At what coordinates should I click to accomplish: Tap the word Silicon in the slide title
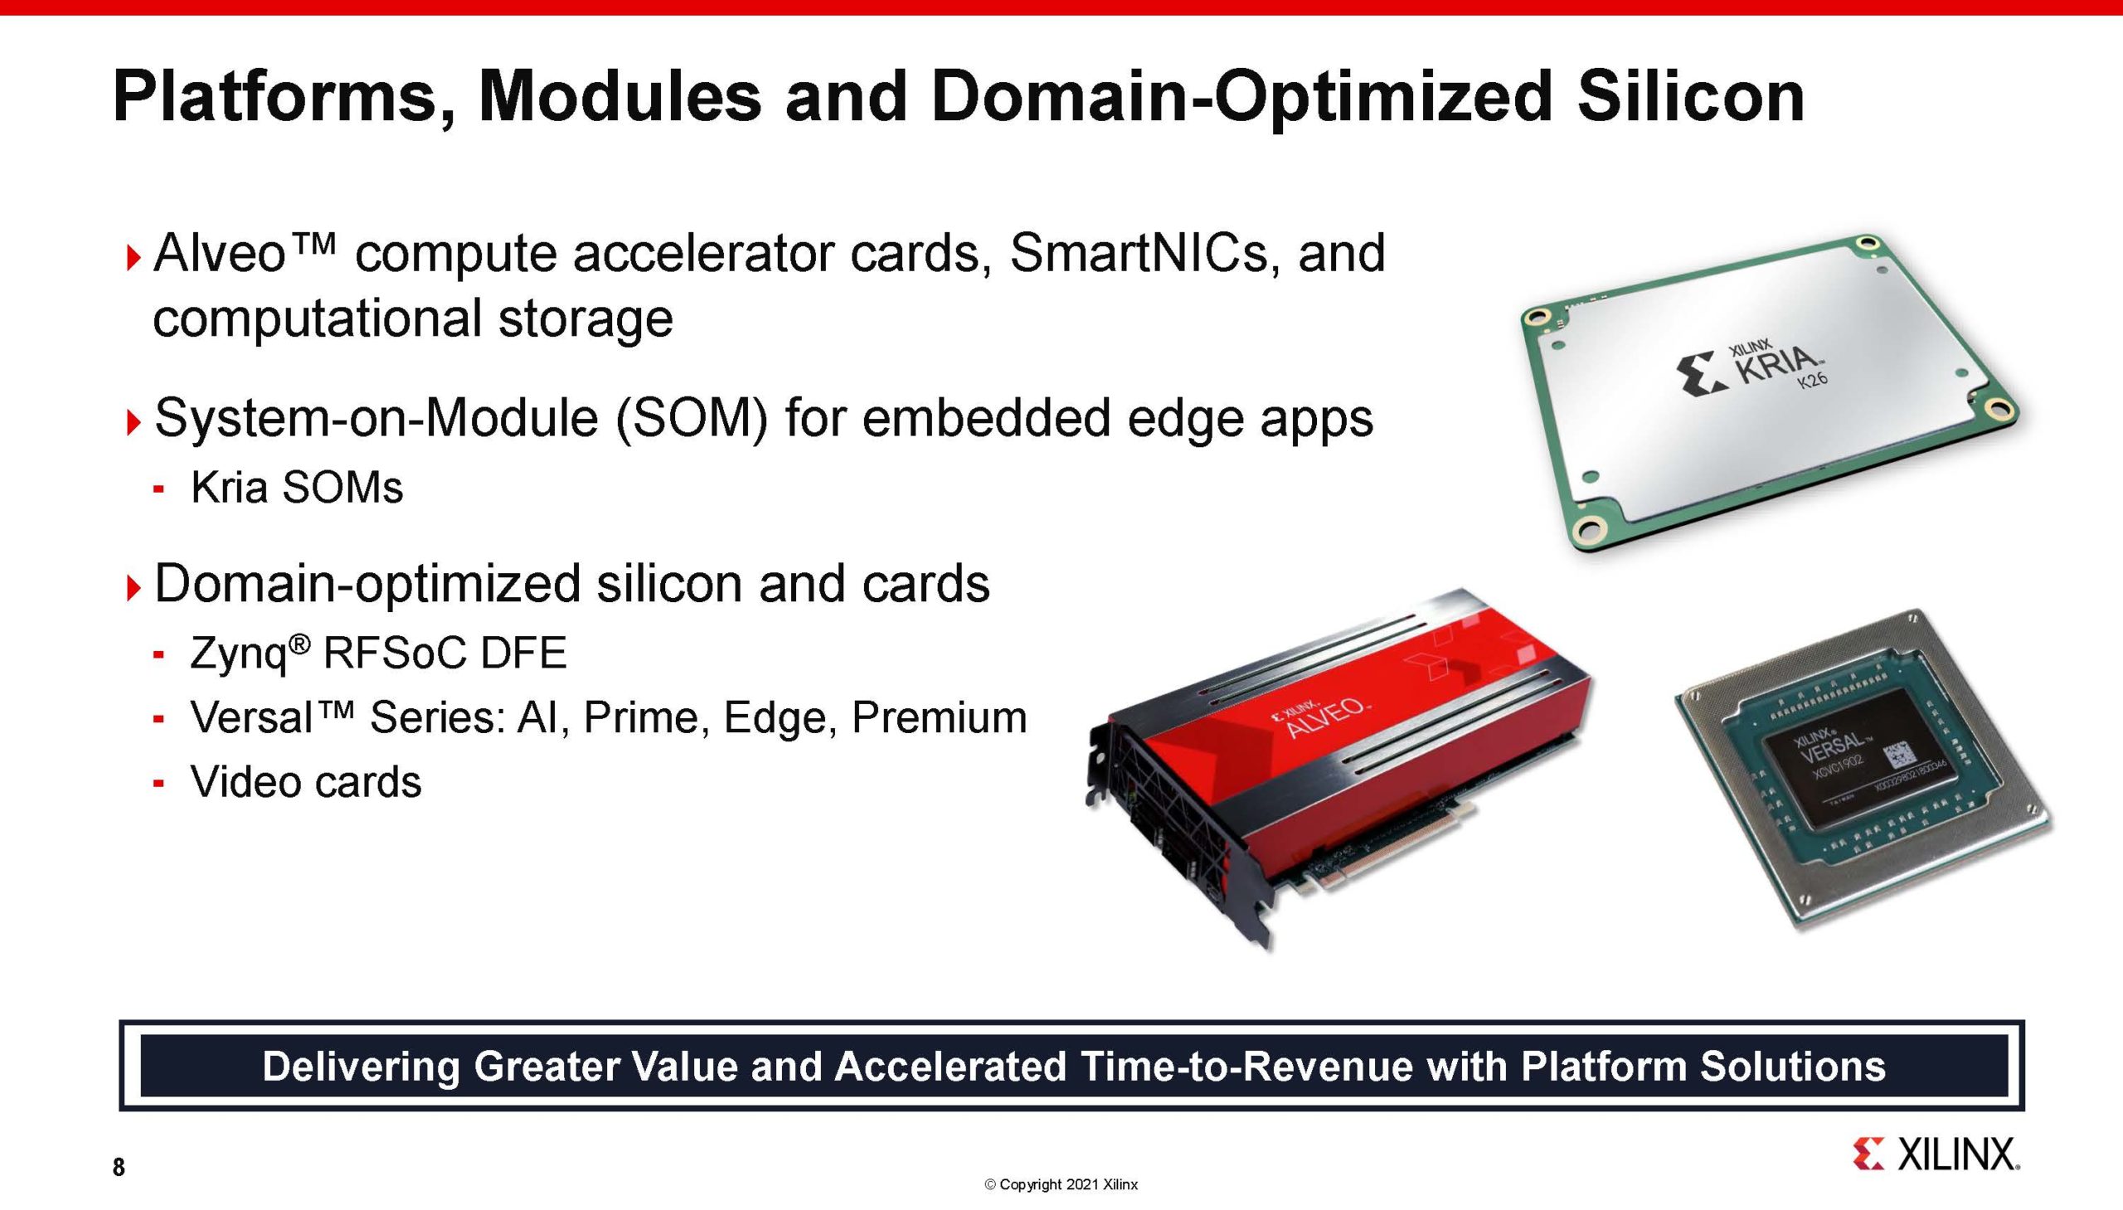1690,96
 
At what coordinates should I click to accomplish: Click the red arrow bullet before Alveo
133,257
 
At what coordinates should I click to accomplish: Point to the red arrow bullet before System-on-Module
133,422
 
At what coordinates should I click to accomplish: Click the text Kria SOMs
297,487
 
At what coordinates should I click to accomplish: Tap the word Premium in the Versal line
939,717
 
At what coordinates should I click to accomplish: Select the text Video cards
306,782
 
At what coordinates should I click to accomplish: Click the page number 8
119,1168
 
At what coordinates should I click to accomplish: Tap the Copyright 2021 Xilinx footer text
1061,1185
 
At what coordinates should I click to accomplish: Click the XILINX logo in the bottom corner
1936,1155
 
